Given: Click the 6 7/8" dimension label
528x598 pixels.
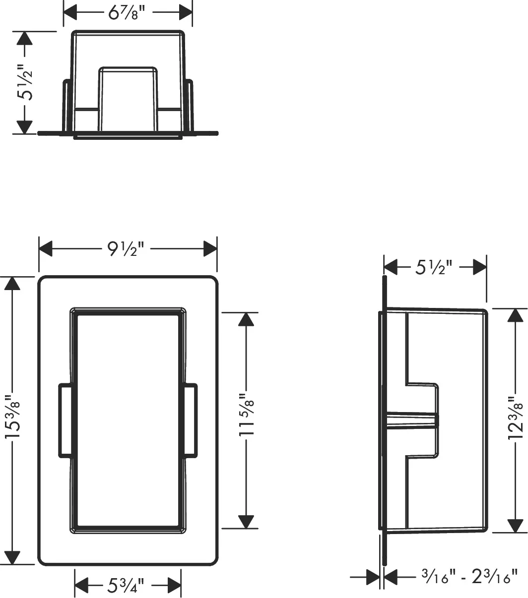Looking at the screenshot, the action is tap(127, 13).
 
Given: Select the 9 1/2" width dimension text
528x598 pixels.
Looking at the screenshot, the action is tap(126, 249).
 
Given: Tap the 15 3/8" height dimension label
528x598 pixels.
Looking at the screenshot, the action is tap(13, 417).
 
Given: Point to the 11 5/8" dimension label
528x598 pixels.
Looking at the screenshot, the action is tap(246, 414).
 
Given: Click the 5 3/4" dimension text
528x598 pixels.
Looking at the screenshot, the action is tap(126, 585).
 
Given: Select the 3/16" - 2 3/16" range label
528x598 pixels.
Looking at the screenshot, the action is tap(469, 577).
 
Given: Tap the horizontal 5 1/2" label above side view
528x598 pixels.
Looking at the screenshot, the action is tap(433, 267).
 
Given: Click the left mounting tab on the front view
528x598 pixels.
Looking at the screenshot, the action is tap(65, 420).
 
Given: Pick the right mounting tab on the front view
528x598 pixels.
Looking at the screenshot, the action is tap(191, 420).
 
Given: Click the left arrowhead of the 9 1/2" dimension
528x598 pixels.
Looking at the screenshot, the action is tap(46, 248).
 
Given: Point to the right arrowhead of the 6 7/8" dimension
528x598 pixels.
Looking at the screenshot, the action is tap(186, 12).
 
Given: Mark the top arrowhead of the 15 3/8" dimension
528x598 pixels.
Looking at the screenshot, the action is tap(12, 283).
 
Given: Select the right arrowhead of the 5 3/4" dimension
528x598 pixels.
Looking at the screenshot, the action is tap(174, 585).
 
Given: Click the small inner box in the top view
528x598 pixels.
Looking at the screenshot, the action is tap(128, 99).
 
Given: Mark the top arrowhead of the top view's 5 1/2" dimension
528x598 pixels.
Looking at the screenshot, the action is tap(24, 38).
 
